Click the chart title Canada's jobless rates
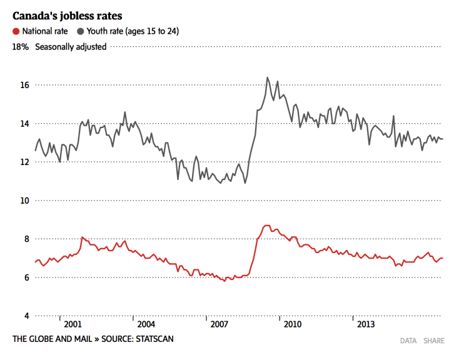pyautogui.click(x=68, y=14)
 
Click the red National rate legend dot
pyautogui.click(x=16, y=31)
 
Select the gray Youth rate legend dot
pyautogui.click(x=81, y=31)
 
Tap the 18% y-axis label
pyautogui.click(x=21, y=46)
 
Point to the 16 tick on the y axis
pyautogui.click(x=24, y=85)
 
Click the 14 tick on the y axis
pyautogui.click(x=24, y=124)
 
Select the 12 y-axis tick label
pyautogui.click(x=24, y=162)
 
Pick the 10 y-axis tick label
pyautogui.click(x=24, y=201)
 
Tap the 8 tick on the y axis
pyautogui.click(x=26, y=239)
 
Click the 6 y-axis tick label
pyautogui.click(x=26, y=277)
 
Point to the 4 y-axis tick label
pyautogui.click(x=26, y=316)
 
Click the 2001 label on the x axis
pyautogui.click(x=73, y=325)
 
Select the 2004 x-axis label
pyautogui.click(x=146, y=325)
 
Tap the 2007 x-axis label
pyautogui.click(x=219, y=325)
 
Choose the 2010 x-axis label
pyautogui.click(x=292, y=325)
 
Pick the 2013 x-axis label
pyautogui.click(x=365, y=325)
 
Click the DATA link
pyautogui.click(x=408, y=341)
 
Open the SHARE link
pyautogui.click(x=434, y=341)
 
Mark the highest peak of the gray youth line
pyautogui.click(x=268, y=77)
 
